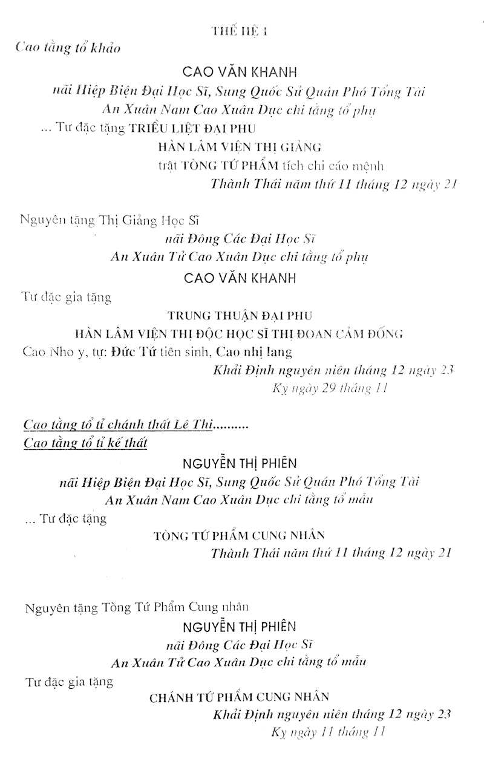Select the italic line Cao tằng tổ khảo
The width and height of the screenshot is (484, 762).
point(68,49)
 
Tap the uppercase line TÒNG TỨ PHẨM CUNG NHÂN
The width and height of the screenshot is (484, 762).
point(240,535)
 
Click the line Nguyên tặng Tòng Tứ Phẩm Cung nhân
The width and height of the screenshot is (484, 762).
point(137,607)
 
